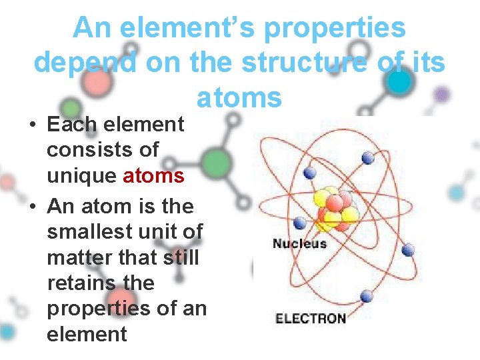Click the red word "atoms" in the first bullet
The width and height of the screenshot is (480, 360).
click(153, 175)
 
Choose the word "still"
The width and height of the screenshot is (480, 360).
click(179, 257)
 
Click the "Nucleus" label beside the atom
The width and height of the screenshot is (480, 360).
click(299, 243)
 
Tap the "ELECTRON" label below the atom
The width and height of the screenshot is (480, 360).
click(311, 318)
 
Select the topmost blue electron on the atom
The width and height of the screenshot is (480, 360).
click(367, 157)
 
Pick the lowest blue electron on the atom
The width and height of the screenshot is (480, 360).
click(366, 296)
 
